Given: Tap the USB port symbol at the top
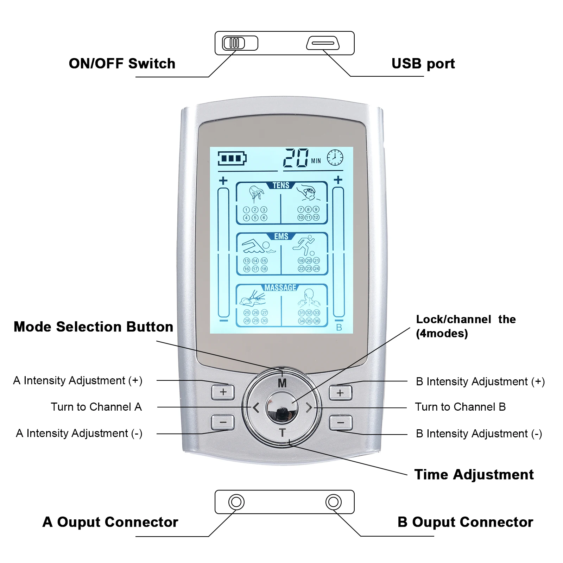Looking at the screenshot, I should tap(323, 43).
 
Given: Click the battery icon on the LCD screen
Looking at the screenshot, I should tap(232, 158).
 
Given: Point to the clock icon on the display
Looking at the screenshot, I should tap(335, 157).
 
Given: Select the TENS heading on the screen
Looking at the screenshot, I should tap(281, 185).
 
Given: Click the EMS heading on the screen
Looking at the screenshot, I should tap(281, 236).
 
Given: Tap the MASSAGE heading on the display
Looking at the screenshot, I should tap(280, 288).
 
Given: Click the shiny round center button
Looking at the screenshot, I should tap(281, 407).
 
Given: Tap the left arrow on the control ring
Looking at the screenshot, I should tap(256, 408).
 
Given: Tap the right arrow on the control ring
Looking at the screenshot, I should tap(309, 408).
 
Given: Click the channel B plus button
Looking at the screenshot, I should tap(340, 393).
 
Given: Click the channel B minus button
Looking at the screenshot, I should tap(340, 422).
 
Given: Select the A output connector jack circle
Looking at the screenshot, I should tap(236, 502).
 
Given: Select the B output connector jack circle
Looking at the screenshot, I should tap(333, 502).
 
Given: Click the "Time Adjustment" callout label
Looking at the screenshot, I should tap(474, 475).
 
